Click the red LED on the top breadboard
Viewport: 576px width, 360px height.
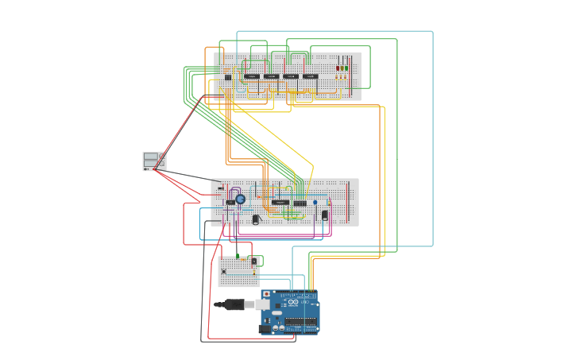click(337, 68)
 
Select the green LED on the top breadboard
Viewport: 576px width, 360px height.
click(346, 68)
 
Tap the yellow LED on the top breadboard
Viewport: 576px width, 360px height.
click(342, 68)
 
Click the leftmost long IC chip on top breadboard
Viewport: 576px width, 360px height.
click(252, 76)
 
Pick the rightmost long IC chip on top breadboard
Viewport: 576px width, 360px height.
click(311, 76)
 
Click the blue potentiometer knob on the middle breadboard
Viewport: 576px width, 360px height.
click(240, 199)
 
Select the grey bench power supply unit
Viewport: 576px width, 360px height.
click(154, 161)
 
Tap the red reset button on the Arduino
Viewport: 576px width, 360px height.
click(266, 295)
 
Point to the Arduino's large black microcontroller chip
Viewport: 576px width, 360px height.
click(301, 321)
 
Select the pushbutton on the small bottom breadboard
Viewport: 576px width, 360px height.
click(224, 272)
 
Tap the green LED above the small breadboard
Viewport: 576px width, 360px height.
click(238, 256)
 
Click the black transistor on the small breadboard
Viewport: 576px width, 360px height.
click(254, 261)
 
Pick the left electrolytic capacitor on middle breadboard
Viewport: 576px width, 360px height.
click(256, 219)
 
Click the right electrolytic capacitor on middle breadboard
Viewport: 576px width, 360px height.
click(324, 215)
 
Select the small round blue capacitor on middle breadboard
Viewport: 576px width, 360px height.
click(315, 203)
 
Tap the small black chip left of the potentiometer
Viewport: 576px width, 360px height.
click(230, 203)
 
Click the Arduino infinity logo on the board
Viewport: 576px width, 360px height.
click(292, 303)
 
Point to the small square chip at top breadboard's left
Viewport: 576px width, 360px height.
click(228, 77)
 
